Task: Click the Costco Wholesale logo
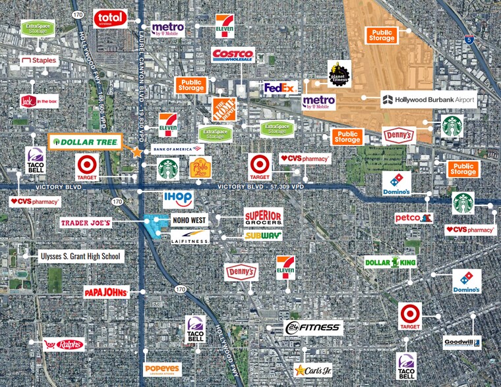coord(233,55)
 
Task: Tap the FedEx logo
coord(280,88)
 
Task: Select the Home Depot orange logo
coord(224,109)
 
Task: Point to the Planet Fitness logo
coord(339,73)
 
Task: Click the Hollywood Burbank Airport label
coord(428,100)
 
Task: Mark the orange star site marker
coord(137,152)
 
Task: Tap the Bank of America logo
coord(177,149)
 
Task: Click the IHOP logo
coord(178,199)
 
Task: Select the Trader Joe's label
coord(86,223)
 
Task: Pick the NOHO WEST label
coord(189,220)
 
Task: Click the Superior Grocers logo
coord(263,217)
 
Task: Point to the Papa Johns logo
coord(105,292)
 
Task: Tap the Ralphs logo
coord(64,344)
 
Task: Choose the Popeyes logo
coord(162,369)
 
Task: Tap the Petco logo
coord(414,217)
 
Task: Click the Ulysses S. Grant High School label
coord(80,256)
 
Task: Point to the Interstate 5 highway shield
coord(469,39)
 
